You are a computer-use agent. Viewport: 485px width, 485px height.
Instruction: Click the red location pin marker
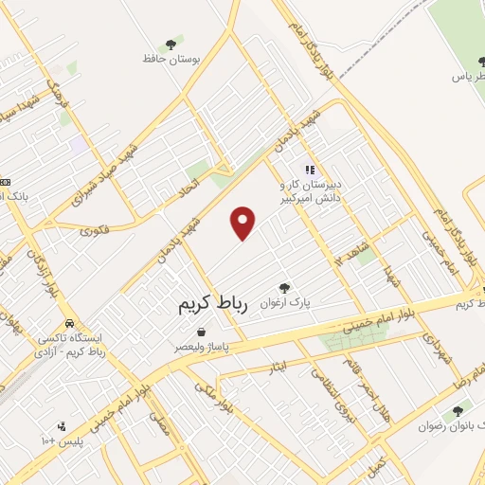point(244,223)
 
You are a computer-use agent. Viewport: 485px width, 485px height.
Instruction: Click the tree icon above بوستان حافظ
point(171,43)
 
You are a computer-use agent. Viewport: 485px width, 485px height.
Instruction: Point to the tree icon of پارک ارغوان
point(281,287)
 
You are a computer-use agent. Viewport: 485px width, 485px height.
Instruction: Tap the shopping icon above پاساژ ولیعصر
point(202,332)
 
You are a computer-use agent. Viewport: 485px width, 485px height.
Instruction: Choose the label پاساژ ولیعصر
point(202,348)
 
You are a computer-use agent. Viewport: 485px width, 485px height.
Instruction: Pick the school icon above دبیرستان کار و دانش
point(309,170)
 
